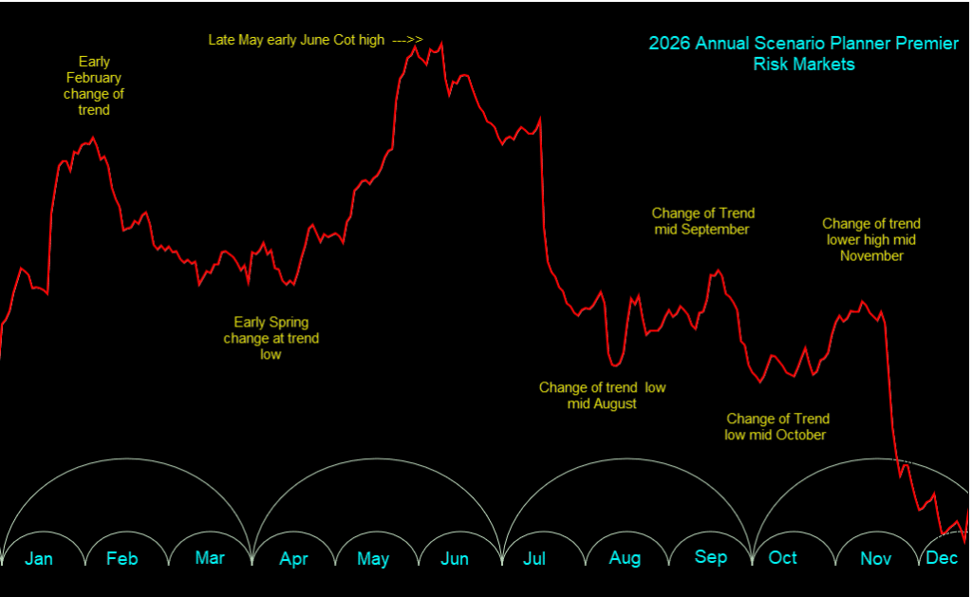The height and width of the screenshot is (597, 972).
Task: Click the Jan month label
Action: point(39,558)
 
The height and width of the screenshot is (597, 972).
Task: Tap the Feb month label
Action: point(122,558)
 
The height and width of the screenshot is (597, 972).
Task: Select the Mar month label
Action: point(210,557)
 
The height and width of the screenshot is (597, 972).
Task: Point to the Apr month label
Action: point(293,559)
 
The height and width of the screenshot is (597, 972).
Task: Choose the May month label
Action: point(373,559)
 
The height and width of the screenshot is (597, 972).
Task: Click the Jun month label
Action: point(455,558)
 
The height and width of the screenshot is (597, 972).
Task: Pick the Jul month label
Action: point(534,558)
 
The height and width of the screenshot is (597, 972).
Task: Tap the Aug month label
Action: point(625,558)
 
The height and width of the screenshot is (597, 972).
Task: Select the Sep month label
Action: point(711,557)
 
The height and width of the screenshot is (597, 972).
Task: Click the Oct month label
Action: point(783,557)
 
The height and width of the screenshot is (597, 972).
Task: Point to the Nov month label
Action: point(875,558)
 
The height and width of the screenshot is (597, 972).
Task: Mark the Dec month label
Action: point(942,557)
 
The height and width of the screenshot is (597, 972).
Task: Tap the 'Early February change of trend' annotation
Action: point(94,85)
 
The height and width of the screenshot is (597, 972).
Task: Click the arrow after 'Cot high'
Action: point(407,40)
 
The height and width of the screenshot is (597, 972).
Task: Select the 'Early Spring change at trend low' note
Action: point(271,338)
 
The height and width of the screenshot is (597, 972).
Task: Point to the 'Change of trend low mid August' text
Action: point(602,395)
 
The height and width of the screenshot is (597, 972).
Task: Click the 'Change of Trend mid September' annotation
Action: point(702,221)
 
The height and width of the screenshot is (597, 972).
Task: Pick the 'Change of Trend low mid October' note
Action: point(776,426)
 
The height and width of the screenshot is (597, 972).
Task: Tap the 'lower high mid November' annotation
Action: point(871,239)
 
